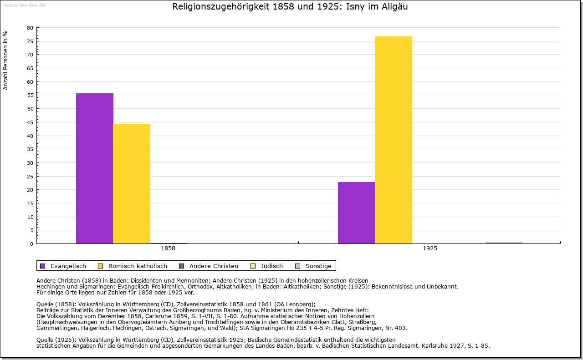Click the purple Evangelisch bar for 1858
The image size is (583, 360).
[x=95, y=168]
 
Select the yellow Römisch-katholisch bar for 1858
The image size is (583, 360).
[x=132, y=183]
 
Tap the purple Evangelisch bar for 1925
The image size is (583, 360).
[x=356, y=213]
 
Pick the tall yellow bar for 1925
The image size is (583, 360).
[x=394, y=140]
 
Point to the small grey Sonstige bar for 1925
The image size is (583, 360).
[x=504, y=243]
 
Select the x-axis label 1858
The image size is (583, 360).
[x=168, y=248]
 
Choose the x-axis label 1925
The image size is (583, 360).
[x=430, y=248]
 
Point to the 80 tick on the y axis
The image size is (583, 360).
[x=30, y=28]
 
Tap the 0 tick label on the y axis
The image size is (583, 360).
[x=31, y=244]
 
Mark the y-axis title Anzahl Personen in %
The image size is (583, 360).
[x=5, y=61]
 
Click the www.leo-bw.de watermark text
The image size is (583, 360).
[x=24, y=5]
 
